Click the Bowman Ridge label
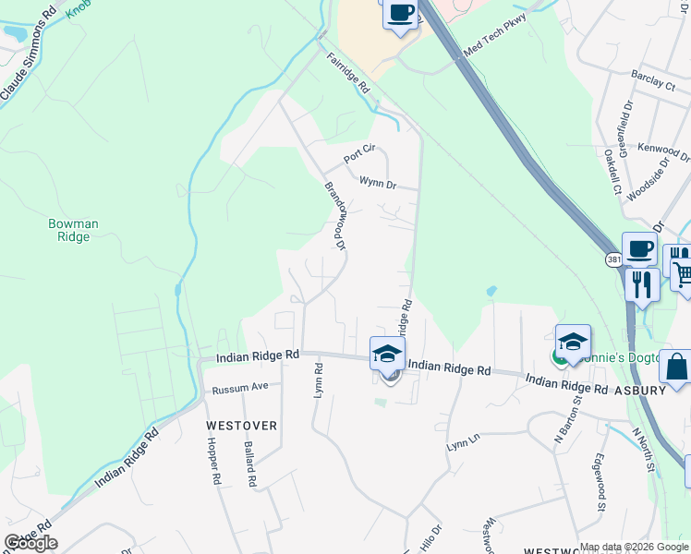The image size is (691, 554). point(73,230)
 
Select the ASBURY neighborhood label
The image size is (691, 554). point(641,391)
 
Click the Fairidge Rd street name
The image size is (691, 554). point(347,73)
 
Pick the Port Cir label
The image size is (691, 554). point(359,153)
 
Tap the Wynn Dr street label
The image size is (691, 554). point(378,183)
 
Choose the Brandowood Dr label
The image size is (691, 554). point(334,216)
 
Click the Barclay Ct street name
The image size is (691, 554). point(653,81)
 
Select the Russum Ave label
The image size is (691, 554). point(239,388)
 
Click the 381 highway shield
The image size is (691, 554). point(614,261)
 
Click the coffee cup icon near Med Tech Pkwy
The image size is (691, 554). point(401,14)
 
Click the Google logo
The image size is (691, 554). point(30,543)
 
